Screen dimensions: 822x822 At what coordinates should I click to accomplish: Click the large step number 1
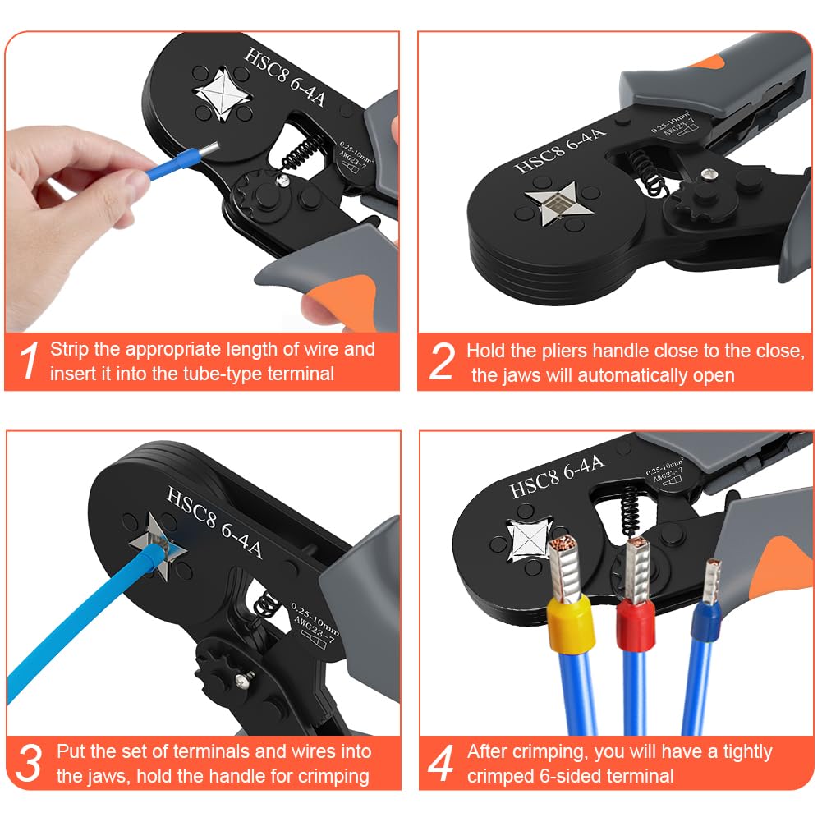pyautogui.click(x=30, y=362)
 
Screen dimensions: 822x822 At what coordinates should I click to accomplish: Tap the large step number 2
pyautogui.click(x=442, y=362)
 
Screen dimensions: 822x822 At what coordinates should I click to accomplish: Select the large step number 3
pyautogui.click(x=30, y=763)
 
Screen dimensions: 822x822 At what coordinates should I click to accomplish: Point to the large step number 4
pyautogui.click(x=442, y=763)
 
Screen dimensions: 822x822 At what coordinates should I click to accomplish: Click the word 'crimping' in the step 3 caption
pyautogui.click(x=333, y=776)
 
